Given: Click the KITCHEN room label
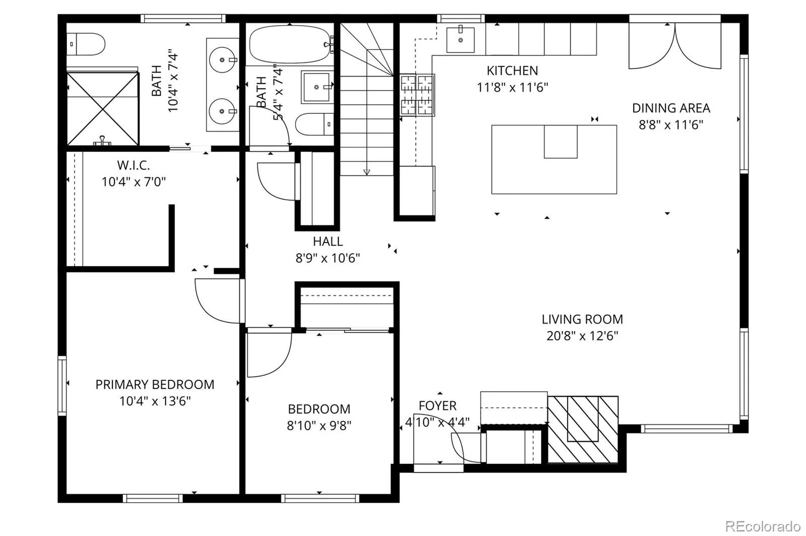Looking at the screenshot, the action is tap(512, 71).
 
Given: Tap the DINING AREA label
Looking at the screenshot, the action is tap(671, 108).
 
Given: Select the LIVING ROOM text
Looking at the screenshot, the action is tap(582, 319).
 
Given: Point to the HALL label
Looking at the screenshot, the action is tap(327, 241).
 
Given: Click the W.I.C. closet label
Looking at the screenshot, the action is tap(133, 165).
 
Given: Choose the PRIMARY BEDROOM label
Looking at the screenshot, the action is tap(155, 384).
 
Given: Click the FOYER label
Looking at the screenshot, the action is tap(438, 406).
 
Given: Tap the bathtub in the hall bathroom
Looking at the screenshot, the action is tap(290, 44).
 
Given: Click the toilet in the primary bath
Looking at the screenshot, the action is tap(86, 44).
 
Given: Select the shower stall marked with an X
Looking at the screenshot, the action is tap(103, 109).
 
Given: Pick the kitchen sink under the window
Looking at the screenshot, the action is tap(460, 40).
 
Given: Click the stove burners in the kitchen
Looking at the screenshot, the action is tap(417, 95).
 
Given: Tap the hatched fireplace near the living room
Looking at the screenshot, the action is tap(583, 430).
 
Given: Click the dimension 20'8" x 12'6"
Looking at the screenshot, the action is tap(582, 336).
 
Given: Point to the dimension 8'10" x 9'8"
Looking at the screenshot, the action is tap(319, 426).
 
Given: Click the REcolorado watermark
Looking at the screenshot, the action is tap(763, 526).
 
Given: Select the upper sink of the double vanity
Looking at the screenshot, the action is tap(222, 60).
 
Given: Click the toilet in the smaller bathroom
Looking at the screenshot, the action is tap(314, 124).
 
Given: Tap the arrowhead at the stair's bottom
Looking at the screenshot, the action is tap(367, 172).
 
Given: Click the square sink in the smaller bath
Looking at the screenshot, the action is tap(316, 87).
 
